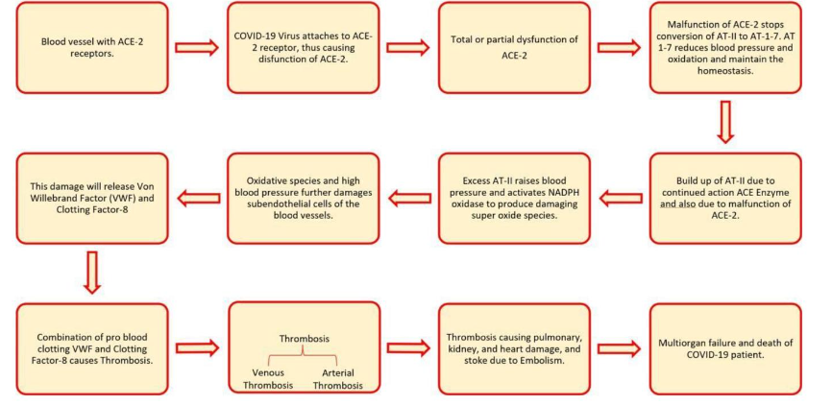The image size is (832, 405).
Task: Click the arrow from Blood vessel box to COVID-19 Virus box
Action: pyautogui.click(x=194, y=47)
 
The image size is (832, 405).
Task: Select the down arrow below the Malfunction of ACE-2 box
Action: pyautogui.click(x=724, y=122)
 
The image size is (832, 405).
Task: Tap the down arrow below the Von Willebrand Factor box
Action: pyautogui.click(x=91, y=272)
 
